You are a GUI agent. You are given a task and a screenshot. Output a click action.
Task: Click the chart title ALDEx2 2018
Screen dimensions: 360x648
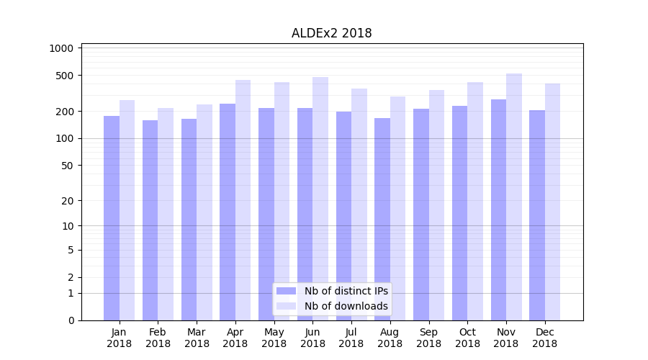[x=331, y=33]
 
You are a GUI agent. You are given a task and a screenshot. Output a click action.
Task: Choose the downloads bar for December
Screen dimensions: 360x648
[x=552, y=202]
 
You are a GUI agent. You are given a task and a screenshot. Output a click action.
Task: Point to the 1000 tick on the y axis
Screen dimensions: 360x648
[x=61, y=48]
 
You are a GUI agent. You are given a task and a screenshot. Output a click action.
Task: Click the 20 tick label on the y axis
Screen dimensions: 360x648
[x=67, y=201]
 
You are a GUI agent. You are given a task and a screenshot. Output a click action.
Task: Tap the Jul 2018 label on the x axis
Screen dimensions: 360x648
[x=351, y=338]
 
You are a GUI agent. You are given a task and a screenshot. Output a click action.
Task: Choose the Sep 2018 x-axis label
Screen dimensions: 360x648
[x=428, y=338]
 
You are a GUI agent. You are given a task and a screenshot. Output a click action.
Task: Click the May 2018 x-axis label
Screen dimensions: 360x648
[x=274, y=338]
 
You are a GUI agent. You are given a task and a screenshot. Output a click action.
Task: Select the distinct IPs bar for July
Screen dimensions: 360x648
[x=343, y=216]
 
